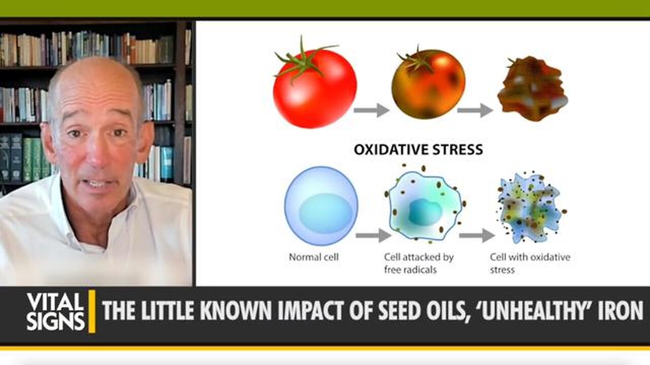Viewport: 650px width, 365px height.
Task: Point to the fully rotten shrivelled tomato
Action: [532, 89]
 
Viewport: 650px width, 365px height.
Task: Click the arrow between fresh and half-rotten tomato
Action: [371, 110]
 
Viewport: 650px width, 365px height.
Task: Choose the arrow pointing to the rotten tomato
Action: [475, 110]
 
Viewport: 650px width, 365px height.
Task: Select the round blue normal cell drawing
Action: [321, 206]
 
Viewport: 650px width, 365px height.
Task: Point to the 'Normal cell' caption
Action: [313, 257]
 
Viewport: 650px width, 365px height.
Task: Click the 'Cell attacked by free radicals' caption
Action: [418, 263]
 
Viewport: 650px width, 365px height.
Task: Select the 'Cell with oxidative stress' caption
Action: [530, 263]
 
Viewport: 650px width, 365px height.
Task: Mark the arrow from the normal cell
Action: [373, 235]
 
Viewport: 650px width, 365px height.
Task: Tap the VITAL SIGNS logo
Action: [55, 311]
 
